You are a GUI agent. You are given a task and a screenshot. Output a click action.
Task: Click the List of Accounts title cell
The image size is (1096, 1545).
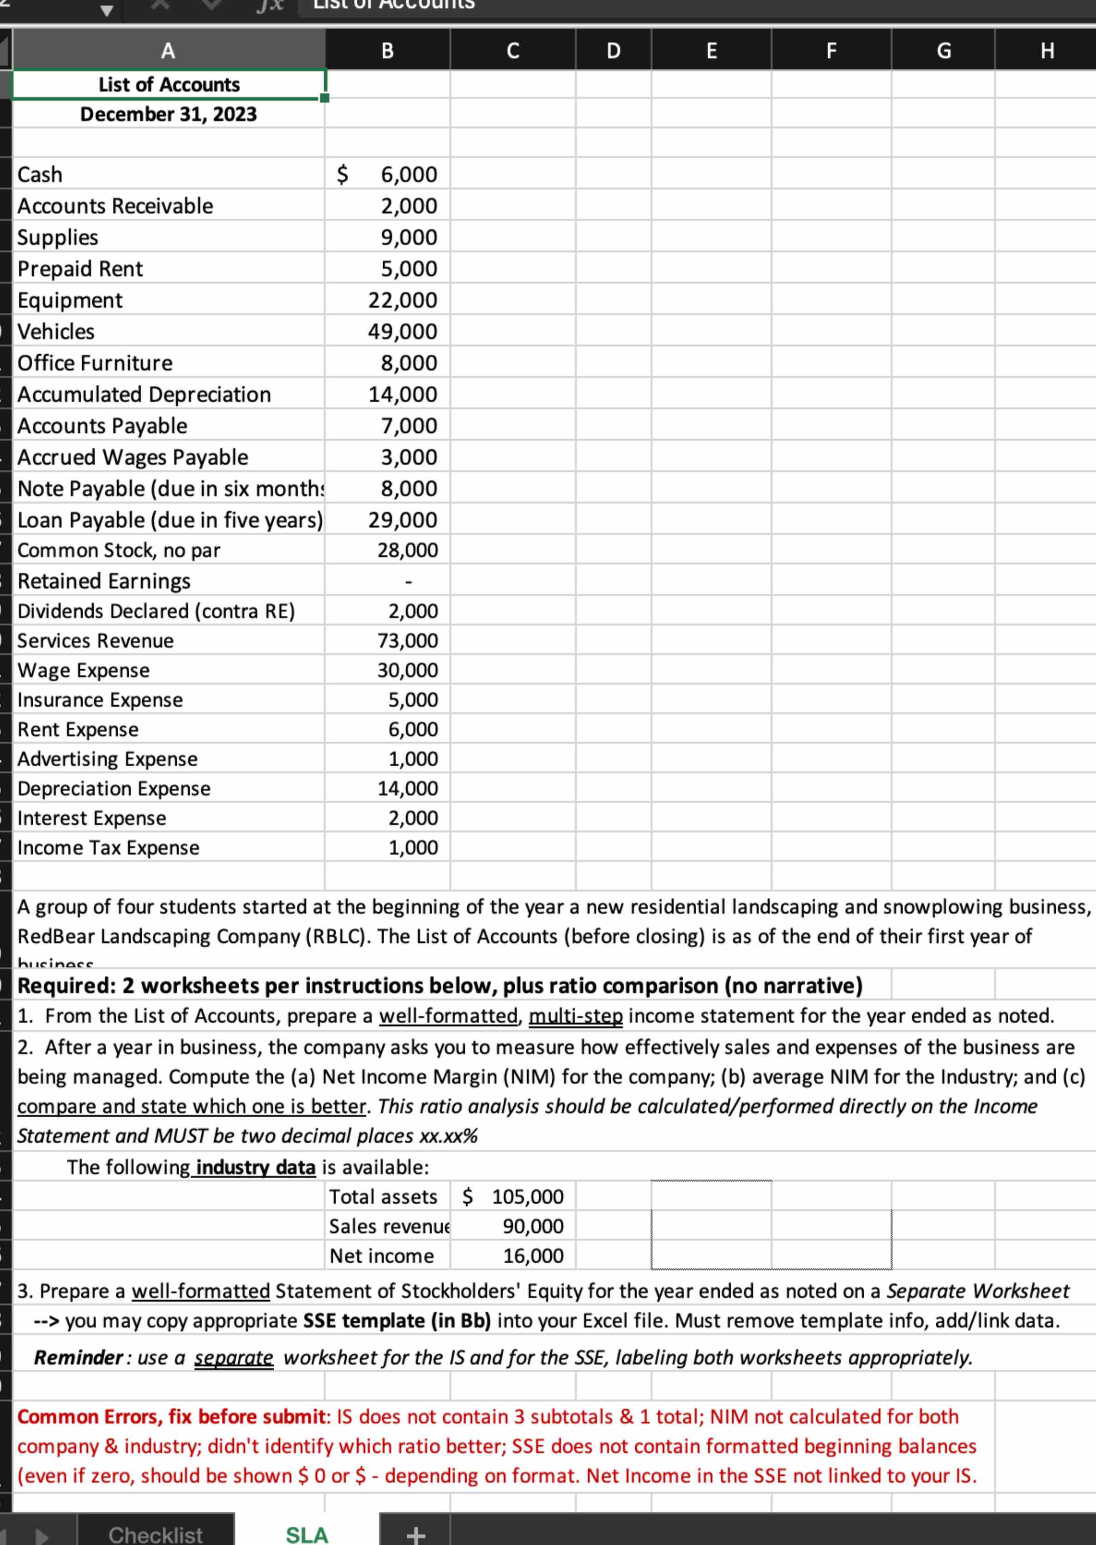point(169,85)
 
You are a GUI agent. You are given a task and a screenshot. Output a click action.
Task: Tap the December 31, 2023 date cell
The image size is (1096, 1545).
point(169,114)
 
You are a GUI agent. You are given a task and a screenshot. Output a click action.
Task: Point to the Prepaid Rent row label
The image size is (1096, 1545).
point(80,269)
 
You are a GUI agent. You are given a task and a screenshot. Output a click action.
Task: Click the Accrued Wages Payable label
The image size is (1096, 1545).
point(133,457)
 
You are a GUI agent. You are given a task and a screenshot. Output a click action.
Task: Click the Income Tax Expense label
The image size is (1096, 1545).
point(108,848)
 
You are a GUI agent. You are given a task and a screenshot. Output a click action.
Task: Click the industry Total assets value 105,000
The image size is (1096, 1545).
point(527,1197)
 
